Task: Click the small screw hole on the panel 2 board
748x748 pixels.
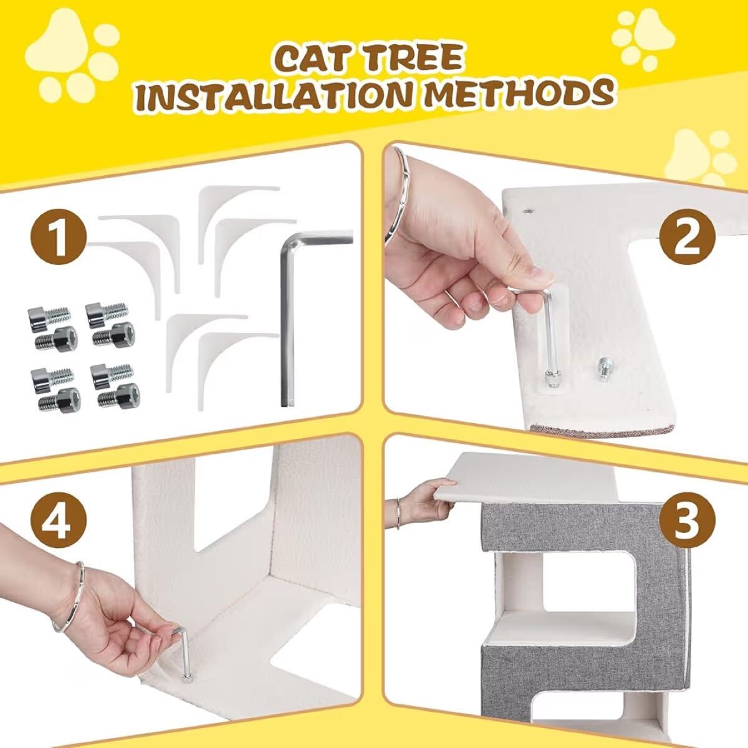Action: pyautogui.click(x=527, y=211)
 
